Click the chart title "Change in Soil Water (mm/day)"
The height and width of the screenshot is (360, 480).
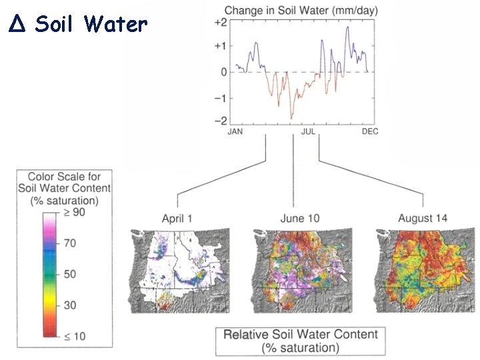pos(299,10)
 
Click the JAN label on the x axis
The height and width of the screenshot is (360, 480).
pos(235,132)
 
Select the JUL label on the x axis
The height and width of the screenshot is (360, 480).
pos(308,132)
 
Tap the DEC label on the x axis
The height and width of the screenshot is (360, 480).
pos(370,132)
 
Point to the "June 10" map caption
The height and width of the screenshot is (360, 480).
pos(301,218)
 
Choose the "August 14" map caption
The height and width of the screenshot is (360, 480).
pos(423,218)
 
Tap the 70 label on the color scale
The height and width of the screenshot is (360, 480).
pos(69,243)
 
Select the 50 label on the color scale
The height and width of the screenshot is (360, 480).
pos(69,274)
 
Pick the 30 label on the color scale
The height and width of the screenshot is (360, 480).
pos(69,305)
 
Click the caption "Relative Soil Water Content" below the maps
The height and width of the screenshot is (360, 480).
pos(300,334)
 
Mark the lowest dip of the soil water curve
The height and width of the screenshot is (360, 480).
pos(291,118)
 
